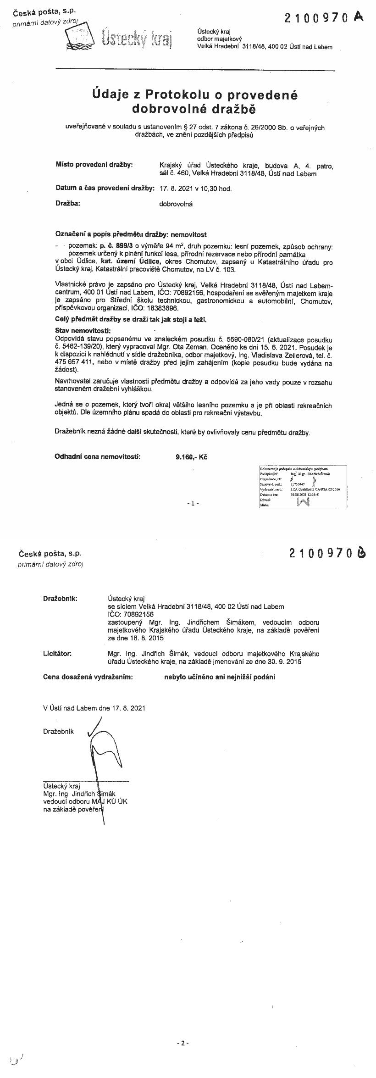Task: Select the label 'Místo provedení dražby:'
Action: pos(94,164)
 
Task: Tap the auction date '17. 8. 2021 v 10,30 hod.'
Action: pos(195,188)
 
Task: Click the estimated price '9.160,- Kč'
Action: pos(191,457)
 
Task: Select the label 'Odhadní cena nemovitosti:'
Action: pos(98,457)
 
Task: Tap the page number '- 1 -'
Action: pos(193,503)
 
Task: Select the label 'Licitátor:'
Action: pos(57,653)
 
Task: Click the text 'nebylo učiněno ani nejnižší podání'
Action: pos(220,677)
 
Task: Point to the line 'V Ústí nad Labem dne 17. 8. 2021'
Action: pos(94,708)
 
